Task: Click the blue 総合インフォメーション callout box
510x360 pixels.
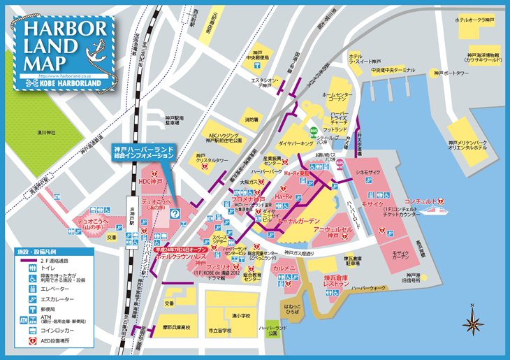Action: (x=143, y=154)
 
